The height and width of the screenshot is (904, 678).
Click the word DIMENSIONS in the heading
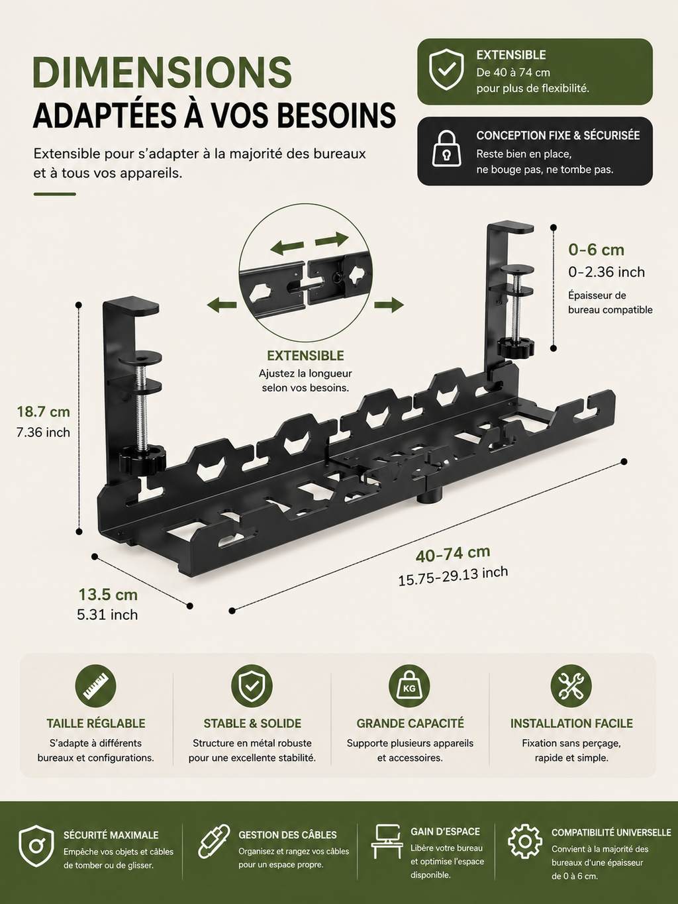(162, 72)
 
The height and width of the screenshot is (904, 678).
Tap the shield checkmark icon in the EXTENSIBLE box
(446, 70)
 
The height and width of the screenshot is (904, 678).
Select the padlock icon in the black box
(446, 148)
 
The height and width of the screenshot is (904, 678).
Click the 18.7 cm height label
(43, 411)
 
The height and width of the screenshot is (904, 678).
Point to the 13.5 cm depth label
(108, 594)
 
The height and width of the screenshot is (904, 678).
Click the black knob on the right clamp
(516, 346)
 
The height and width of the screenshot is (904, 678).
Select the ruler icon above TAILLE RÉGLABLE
(95, 686)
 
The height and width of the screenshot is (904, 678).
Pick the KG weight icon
(409, 686)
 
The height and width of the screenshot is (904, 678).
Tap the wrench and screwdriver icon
(571, 686)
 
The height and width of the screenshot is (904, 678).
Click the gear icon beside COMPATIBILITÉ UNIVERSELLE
(524, 841)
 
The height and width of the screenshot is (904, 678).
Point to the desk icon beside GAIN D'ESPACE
(386, 841)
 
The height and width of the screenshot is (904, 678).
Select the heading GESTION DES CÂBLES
(287, 835)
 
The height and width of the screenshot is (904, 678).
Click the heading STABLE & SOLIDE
(252, 724)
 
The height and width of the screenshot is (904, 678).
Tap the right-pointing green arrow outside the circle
(389, 305)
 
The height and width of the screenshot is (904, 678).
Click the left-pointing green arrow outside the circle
(222, 305)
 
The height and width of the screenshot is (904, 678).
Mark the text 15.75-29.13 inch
(453, 576)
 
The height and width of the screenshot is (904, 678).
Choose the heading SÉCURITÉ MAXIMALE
(111, 835)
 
